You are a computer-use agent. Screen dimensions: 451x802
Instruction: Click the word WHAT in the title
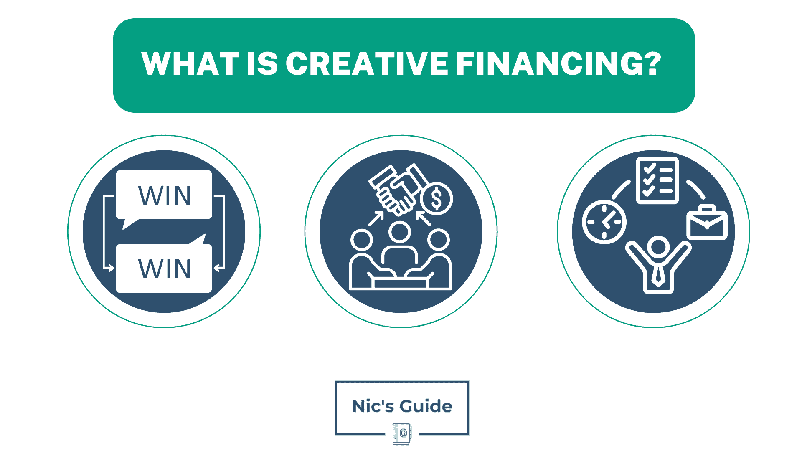click(190, 64)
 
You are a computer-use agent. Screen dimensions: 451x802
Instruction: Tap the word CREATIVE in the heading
click(367, 64)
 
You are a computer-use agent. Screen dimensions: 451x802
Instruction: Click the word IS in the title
click(262, 64)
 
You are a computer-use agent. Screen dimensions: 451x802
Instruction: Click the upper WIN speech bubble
click(164, 195)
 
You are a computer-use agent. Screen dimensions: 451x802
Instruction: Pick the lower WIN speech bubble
click(164, 268)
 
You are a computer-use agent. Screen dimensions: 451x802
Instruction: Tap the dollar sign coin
click(436, 198)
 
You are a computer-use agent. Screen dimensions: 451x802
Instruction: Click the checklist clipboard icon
click(657, 180)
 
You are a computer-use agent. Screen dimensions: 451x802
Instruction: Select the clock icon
click(604, 222)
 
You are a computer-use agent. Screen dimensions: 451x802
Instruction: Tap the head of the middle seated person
click(400, 232)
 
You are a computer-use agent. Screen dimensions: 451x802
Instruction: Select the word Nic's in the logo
click(373, 406)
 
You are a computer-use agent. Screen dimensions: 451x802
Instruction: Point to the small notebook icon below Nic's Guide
click(402, 434)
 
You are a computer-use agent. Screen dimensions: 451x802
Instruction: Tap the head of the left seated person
click(361, 240)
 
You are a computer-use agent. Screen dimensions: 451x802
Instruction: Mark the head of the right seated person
click(439, 240)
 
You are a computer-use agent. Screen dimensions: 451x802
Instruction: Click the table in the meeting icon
click(401, 283)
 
